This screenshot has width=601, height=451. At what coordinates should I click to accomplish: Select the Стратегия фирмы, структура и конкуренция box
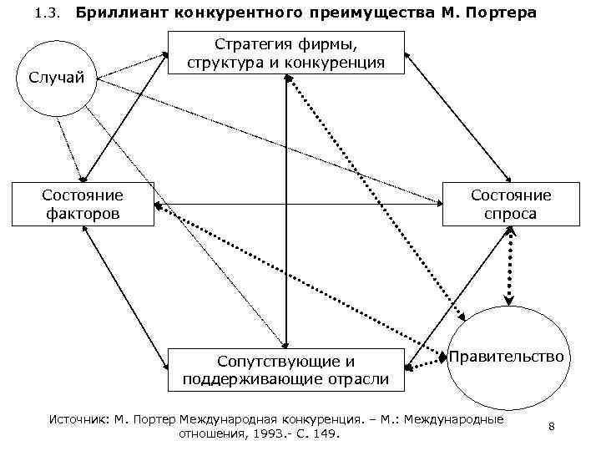(x=287, y=53)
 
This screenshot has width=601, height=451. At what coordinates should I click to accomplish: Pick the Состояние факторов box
(x=82, y=205)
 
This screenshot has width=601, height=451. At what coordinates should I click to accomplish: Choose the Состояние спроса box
(x=510, y=205)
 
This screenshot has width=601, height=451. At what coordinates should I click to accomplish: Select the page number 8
(x=552, y=427)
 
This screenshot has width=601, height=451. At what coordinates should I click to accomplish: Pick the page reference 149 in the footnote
(x=340, y=434)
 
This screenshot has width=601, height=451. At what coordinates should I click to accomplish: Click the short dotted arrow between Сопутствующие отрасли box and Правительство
(x=427, y=360)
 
